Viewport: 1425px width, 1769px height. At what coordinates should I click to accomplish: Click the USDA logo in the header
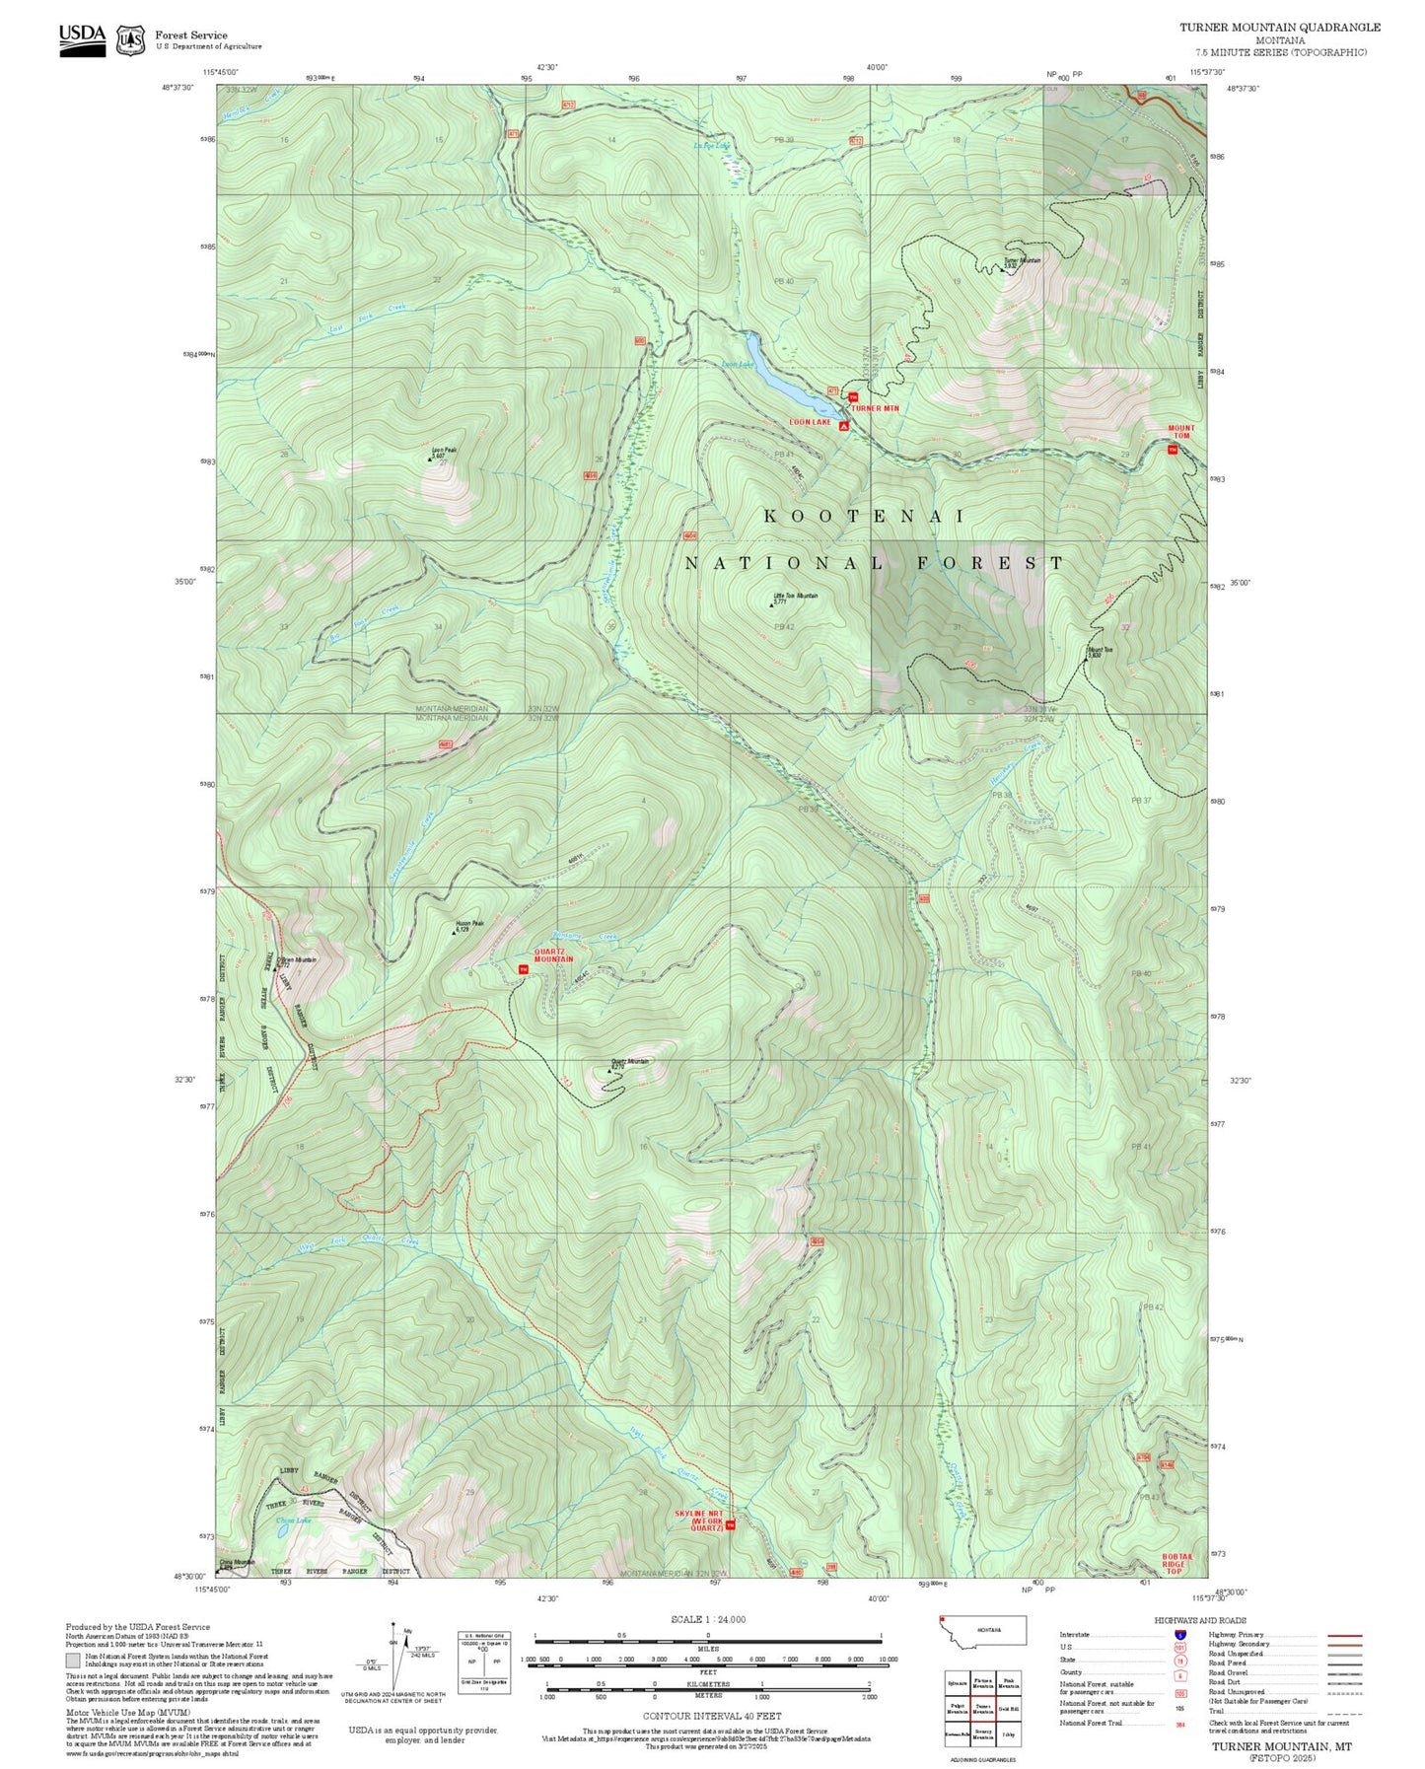82,39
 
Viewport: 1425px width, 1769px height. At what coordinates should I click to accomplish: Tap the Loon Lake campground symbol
844,426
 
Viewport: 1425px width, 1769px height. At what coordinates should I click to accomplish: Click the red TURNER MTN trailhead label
876,408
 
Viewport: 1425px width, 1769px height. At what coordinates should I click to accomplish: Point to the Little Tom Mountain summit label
794,596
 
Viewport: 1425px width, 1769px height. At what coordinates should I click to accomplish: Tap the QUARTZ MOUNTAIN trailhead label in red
553,955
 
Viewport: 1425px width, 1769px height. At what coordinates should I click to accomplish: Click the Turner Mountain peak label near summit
1022,261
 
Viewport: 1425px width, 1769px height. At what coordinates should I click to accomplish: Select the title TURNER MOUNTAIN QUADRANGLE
1279,28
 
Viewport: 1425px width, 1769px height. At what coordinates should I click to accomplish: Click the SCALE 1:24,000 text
707,1619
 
